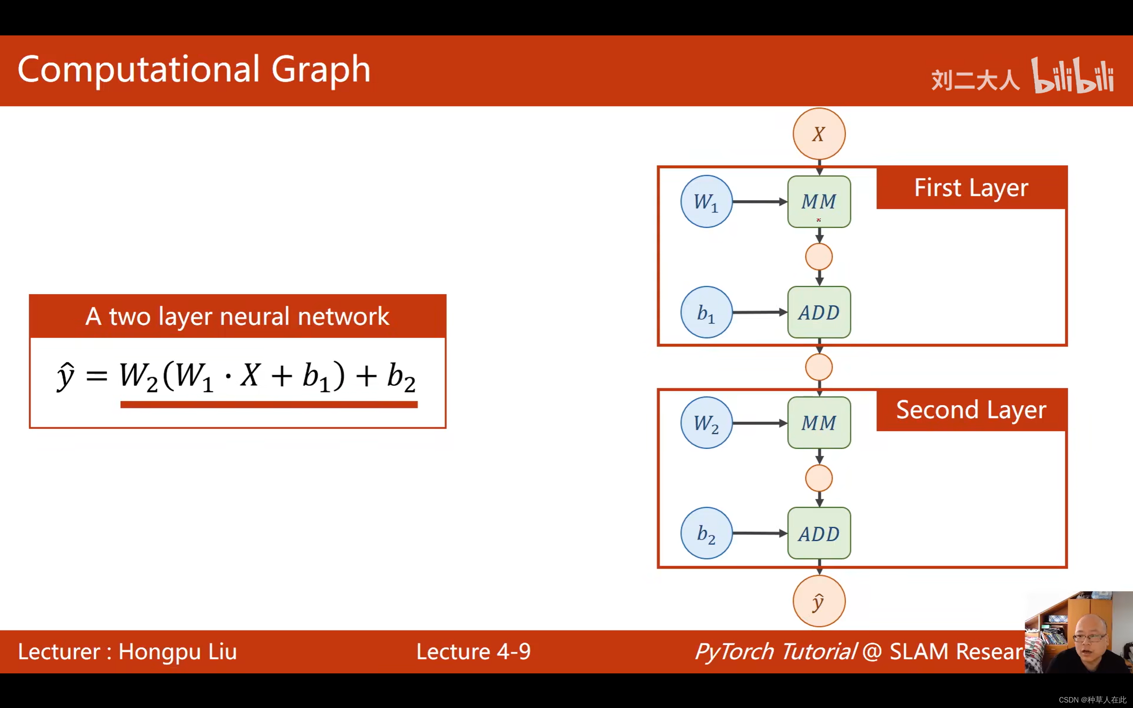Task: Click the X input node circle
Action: pyautogui.click(x=819, y=134)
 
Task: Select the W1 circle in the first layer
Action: pyautogui.click(x=706, y=202)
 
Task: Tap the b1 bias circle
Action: pyautogui.click(x=706, y=312)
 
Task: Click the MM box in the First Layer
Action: pyautogui.click(x=819, y=202)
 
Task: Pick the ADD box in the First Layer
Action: pyautogui.click(x=819, y=312)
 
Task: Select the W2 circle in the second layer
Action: pyautogui.click(x=706, y=423)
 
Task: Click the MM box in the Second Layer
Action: pyautogui.click(x=819, y=423)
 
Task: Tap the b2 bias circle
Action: pyautogui.click(x=706, y=533)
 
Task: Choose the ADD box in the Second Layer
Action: pyautogui.click(x=819, y=533)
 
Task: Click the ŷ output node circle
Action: pyautogui.click(x=819, y=601)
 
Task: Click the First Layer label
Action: pyautogui.click(x=971, y=188)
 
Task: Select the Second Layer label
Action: pyautogui.click(x=971, y=410)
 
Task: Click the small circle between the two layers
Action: pyautogui.click(x=819, y=367)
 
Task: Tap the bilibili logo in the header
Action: pyautogui.click(x=1072, y=76)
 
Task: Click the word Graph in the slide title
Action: pyautogui.click(x=321, y=70)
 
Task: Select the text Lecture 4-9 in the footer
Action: pyautogui.click(x=473, y=652)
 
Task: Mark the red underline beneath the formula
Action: pyautogui.click(x=269, y=405)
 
